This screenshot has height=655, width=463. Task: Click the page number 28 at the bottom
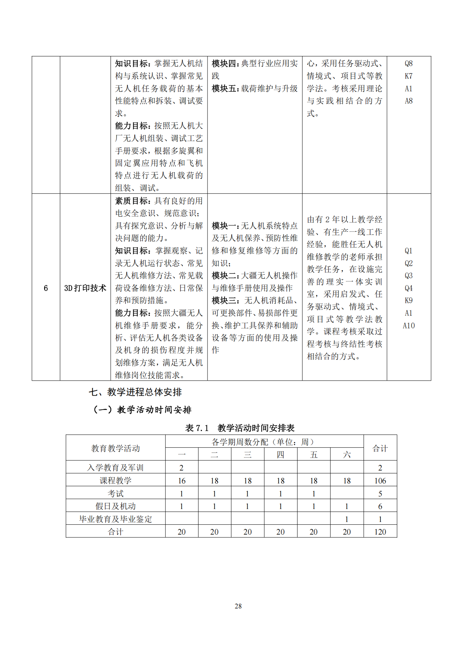click(x=238, y=606)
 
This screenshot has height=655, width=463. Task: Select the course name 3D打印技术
click(x=85, y=288)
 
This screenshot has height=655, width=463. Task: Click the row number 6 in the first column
click(x=46, y=288)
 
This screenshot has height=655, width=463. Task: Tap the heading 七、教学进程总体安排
click(x=135, y=392)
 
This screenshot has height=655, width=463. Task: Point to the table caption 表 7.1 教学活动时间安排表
click(x=240, y=428)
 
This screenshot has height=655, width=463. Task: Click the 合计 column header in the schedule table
click(x=380, y=448)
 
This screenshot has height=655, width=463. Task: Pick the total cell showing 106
click(x=380, y=481)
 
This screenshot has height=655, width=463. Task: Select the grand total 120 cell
click(x=380, y=532)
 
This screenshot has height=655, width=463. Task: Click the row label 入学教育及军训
click(x=115, y=468)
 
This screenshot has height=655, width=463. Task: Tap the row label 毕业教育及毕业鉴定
click(x=115, y=519)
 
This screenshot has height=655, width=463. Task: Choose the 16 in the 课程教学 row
click(x=182, y=481)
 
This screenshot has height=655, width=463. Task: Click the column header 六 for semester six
click(x=347, y=455)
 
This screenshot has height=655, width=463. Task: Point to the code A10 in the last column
click(x=409, y=326)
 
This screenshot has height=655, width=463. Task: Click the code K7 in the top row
click(x=409, y=76)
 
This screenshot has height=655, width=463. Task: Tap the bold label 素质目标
click(x=132, y=201)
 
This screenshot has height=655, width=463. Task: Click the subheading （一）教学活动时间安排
click(x=142, y=410)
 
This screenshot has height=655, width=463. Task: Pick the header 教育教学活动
click(x=115, y=448)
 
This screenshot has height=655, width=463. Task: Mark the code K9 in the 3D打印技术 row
click(x=409, y=300)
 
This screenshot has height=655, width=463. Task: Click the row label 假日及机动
click(x=115, y=506)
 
